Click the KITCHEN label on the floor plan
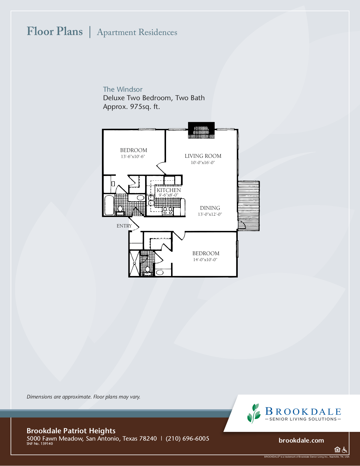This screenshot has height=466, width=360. [x=169, y=190]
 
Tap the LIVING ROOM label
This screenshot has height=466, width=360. [x=203, y=156]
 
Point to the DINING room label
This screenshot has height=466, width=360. [x=210, y=208]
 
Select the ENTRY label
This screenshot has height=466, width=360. [x=124, y=226]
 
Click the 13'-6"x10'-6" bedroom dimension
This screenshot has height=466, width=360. [x=133, y=157]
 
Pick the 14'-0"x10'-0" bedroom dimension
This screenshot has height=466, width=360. [x=205, y=260]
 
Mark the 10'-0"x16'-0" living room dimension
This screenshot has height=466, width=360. [x=203, y=163]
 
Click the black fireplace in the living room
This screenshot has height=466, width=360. [x=201, y=130]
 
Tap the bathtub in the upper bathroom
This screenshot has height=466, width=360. [x=109, y=205]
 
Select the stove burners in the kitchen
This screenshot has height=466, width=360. [x=168, y=211]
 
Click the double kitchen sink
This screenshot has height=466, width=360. [x=151, y=200]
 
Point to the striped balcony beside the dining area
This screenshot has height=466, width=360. [x=248, y=206]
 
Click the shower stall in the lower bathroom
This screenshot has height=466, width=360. [x=134, y=263]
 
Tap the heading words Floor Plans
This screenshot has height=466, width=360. [x=55, y=31]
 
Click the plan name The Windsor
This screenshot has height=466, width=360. [x=123, y=89]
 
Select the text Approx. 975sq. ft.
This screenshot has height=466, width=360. [x=131, y=107]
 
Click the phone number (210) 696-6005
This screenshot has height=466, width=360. [x=187, y=439]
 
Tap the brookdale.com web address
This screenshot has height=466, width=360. [x=301, y=441]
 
